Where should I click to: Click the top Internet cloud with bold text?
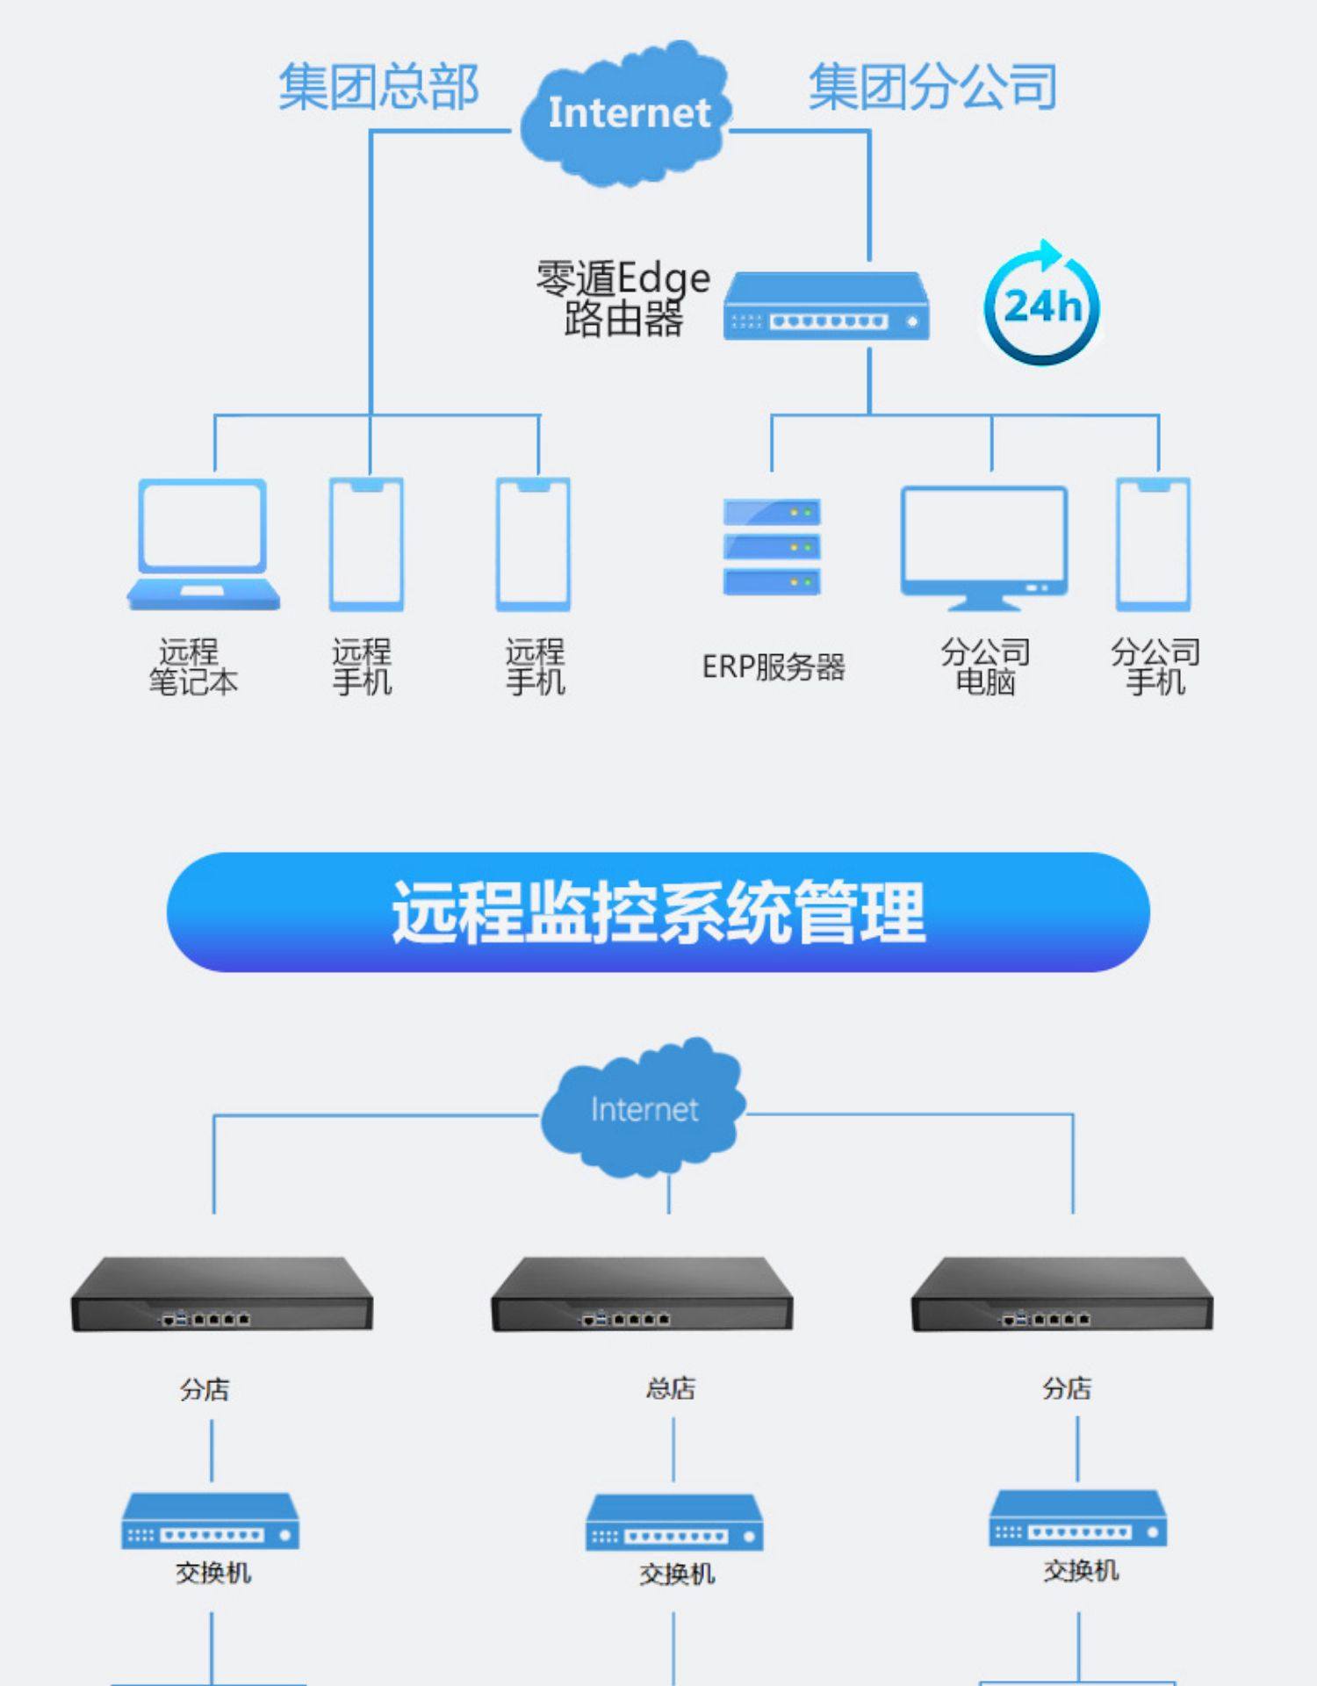click(627, 113)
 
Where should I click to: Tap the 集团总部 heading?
click(378, 87)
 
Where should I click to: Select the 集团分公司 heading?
click(932, 87)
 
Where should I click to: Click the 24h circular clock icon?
click(1041, 306)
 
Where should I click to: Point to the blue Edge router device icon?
click(825, 306)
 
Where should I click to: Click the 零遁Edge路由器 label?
click(623, 299)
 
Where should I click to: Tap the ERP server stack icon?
click(772, 546)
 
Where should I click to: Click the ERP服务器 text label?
click(773, 667)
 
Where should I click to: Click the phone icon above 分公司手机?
click(1154, 544)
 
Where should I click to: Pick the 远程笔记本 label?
click(192, 667)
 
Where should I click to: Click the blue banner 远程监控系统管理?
click(658, 911)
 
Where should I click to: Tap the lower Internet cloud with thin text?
click(644, 1108)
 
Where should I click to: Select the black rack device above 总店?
click(642, 1294)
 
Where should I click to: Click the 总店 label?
click(671, 1388)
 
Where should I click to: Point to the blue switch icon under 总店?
click(674, 1524)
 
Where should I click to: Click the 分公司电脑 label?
click(985, 667)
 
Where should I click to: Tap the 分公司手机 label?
click(1155, 667)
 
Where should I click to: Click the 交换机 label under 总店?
click(677, 1574)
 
